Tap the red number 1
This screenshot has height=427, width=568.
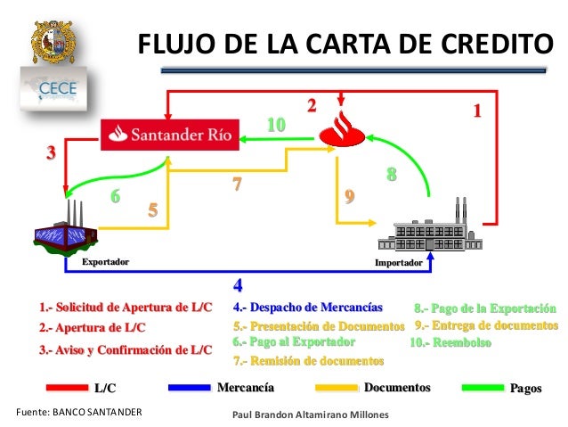tap(477, 111)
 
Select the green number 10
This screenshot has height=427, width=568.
tap(277, 125)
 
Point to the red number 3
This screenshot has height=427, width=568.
tap(52, 152)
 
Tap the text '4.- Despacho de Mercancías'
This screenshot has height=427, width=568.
tap(307, 308)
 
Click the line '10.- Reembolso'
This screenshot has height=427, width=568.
tap(450, 341)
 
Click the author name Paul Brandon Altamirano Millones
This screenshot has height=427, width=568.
tap(304, 415)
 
